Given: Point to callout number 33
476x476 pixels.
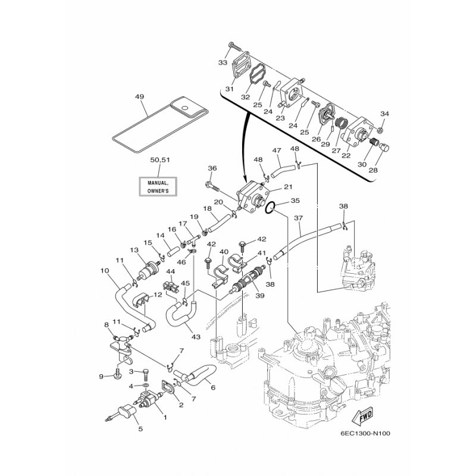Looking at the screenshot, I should tap(223, 62).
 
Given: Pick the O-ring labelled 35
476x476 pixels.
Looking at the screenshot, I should tap(270, 208).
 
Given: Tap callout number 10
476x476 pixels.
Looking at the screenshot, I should tap(105, 271).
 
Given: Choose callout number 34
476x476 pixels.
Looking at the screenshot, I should tap(384, 114).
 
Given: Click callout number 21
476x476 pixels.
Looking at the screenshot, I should tap(288, 187).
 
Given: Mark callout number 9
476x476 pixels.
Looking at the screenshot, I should tap(101, 376).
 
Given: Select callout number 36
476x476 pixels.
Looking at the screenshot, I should tap(212, 168).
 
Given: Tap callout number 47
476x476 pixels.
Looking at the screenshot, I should tap(277, 152).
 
